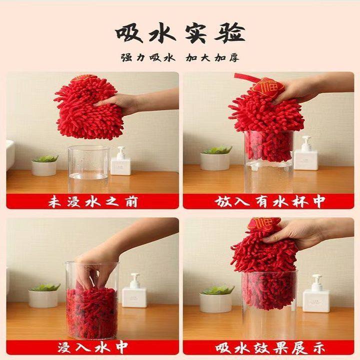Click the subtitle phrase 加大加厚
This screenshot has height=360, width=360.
coord(212,57)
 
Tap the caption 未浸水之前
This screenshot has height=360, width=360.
coord(93,202)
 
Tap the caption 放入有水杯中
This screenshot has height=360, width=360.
coord(270,202)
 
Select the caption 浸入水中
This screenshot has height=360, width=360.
coord(93,346)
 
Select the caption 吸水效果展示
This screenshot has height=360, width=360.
coord(270,346)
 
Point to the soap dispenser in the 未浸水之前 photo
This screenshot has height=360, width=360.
coord(120,162)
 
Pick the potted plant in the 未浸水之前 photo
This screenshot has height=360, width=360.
coord(45,165)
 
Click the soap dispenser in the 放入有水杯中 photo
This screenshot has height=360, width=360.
coord(305,155)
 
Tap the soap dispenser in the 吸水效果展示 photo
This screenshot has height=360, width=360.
coord(316,295)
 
